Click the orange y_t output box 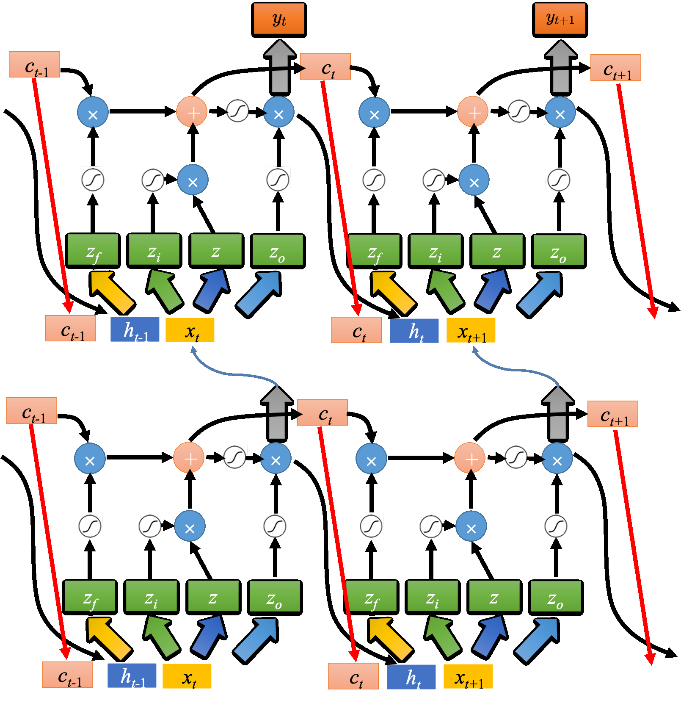click(279, 20)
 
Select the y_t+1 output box click(560, 20)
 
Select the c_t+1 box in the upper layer click(615, 68)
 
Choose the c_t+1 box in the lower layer click(612, 414)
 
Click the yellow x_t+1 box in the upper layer click(471, 331)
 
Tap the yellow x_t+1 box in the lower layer click(468, 677)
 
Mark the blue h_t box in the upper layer click(414, 331)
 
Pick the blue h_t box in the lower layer click(411, 677)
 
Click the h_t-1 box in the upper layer click(135, 329)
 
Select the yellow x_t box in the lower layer click(187, 676)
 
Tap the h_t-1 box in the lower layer click(132, 675)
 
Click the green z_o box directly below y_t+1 click(559, 252)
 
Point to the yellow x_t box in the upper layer click(190, 330)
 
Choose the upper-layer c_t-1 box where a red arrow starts click(34, 65)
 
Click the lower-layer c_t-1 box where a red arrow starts click(32, 411)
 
